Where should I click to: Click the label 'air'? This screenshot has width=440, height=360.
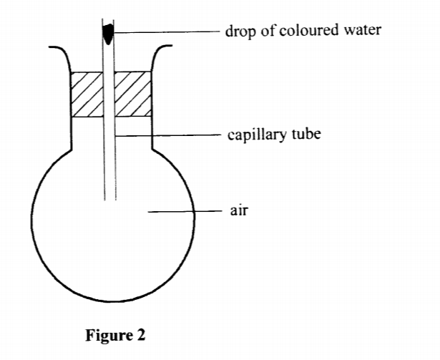click(238, 211)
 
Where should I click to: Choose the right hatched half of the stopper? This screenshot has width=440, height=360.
click(134, 93)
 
